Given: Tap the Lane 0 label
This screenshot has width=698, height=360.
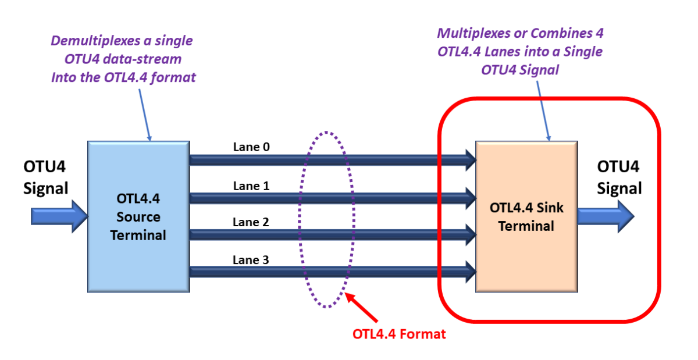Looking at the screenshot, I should pyautogui.click(x=251, y=148).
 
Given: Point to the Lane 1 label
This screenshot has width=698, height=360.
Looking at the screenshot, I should pyautogui.click(x=251, y=186).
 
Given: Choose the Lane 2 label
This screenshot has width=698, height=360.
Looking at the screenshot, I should pyautogui.click(x=251, y=222).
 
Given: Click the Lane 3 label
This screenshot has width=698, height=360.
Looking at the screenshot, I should pyautogui.click(x=251, y=260).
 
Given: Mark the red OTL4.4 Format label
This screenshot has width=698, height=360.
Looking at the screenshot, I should pyautogui.click(x=399, y=334).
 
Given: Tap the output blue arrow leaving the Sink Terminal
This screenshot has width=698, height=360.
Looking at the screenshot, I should pyautogui.click(x=605, y=216).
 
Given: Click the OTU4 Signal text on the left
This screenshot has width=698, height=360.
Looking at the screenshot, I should pyautogui.click(x=45, y=177).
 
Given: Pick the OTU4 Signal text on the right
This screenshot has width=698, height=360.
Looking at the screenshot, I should pyautogui.click(x=619, y=177).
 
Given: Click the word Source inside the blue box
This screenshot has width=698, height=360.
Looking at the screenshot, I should pyautogui.click(x=138, y=217).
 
